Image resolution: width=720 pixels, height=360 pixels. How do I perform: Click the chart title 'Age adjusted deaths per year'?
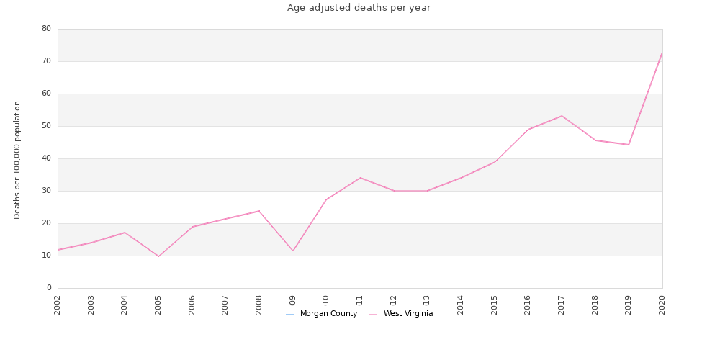tap(359, 8)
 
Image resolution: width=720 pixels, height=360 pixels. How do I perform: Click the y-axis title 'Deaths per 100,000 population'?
tap(17, 160)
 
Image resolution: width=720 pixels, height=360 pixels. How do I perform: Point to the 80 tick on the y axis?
tap(46, 29)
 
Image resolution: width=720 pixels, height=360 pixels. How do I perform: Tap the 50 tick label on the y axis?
tap(46, 126)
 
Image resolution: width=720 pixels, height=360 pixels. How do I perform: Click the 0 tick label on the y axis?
tap(49, 288)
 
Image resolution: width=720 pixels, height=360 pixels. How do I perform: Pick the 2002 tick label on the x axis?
tap(58, 304)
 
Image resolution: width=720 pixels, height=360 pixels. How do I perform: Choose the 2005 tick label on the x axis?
tap(158, 304)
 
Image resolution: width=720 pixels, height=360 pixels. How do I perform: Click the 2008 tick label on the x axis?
tap(259, 304)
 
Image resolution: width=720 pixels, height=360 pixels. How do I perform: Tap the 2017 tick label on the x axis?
tap(562, 304)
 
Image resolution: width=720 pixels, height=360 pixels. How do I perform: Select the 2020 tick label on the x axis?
tap(662, 304)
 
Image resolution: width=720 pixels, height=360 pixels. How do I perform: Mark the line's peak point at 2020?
tap(662, 52)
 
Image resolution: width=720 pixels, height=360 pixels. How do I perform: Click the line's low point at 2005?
tap(158, 256)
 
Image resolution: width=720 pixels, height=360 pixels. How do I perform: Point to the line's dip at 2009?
tap(293, 251)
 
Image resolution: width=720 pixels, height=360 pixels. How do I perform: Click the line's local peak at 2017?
tap(562, 116)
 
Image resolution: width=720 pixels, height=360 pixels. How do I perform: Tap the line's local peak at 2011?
tap(360, 178)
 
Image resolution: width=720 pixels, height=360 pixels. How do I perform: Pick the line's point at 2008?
tap(259, 211)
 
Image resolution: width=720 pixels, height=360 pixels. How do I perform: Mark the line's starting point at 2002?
tap(58, 250)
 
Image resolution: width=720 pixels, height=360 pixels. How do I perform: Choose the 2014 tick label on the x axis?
tap(461, 304)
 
